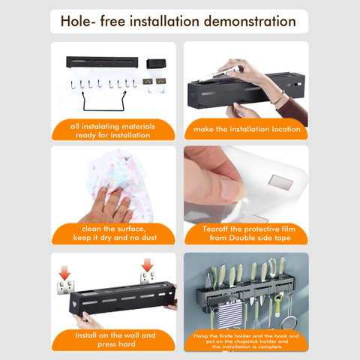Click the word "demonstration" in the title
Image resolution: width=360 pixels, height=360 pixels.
250,21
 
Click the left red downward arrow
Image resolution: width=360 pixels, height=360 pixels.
64,272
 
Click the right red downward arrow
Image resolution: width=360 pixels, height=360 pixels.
147,265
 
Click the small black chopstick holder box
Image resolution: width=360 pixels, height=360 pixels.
156,64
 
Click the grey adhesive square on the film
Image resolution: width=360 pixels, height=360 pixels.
280,181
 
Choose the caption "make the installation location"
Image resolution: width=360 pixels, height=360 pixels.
247,129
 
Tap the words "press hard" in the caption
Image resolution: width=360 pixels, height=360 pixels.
116,344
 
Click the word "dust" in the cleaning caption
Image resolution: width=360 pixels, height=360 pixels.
149,238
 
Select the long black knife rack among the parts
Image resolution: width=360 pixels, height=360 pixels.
102,62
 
